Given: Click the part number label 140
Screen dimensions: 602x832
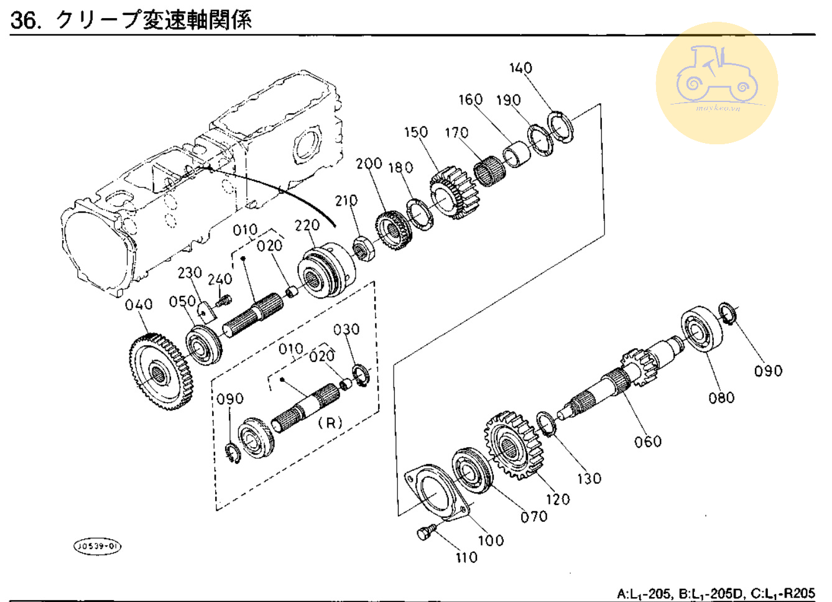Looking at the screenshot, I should click(x=520, y=68).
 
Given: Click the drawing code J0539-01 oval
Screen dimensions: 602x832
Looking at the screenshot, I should click(x=98, y=546).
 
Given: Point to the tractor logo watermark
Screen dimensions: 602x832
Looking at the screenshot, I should click(x=717, y=83).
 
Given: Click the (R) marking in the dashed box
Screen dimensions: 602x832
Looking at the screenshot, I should click(x=330, y=422).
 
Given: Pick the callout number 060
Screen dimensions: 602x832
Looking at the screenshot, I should click(x=647, y=442).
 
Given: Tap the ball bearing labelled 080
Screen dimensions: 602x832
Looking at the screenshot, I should click(x=702, y=329).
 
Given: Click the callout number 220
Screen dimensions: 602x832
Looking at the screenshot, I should click(x=307, y=225).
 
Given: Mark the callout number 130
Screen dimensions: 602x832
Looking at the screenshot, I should click(x=588, y=478).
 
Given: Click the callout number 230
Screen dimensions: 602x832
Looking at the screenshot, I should click(x=190, y=272).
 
